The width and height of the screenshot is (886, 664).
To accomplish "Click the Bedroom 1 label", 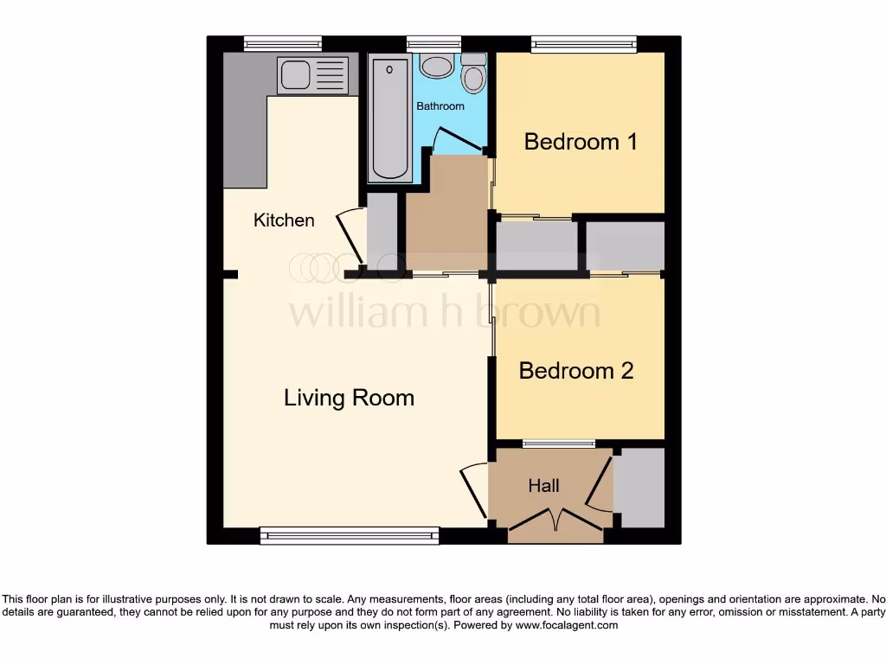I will [x=581, y=142].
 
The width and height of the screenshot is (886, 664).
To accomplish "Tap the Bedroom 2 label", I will [x=576, y=371].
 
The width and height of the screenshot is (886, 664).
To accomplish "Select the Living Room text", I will [x=349, y=398].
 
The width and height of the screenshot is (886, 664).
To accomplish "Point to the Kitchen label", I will [x=284, y=220].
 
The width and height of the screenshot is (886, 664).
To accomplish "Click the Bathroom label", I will [x=440, y=106].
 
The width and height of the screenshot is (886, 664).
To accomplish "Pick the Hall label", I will [x=544, y=486].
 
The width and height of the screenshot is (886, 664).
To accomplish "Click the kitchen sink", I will [x=296, y=75].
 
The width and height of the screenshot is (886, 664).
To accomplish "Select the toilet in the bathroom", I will [x=473, y=76].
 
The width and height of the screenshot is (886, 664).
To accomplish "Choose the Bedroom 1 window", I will [x=584, y=44].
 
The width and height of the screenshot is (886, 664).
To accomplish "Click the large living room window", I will [x=349, y=536].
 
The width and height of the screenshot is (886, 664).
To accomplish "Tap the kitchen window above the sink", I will [x=283, y=44].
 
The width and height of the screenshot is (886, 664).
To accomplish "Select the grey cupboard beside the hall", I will [x=639, y=488].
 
